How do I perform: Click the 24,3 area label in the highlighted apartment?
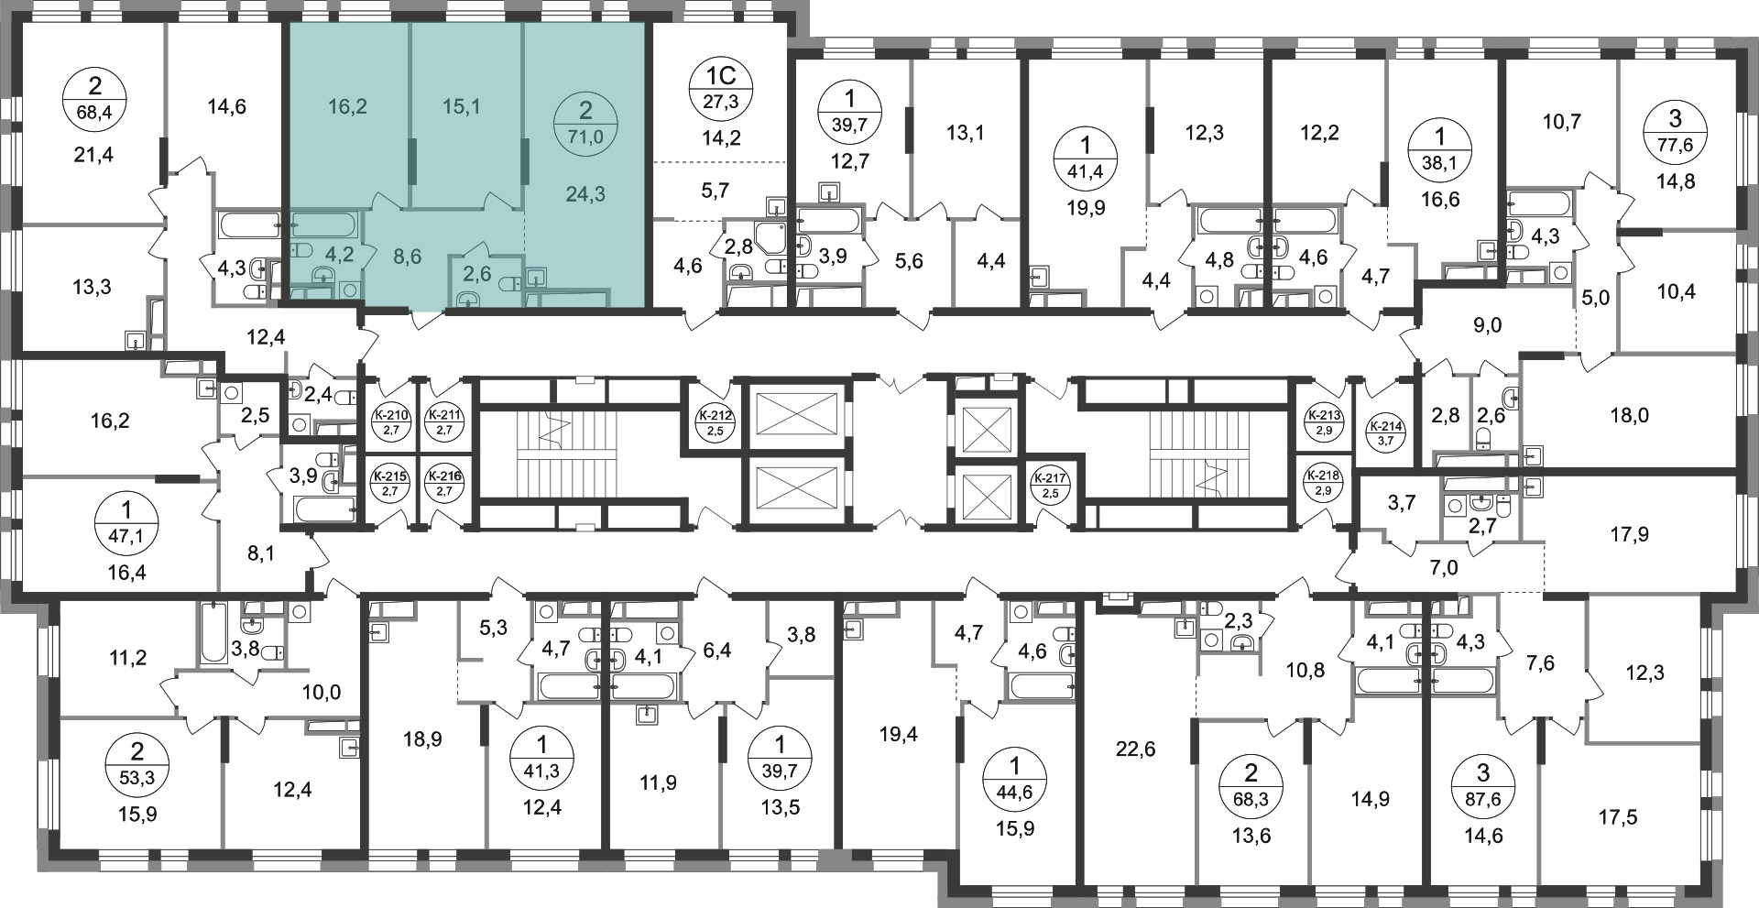[x=586, y=194]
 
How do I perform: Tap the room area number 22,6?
[x=1136, y=749]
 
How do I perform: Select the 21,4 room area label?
[x=95, y=154]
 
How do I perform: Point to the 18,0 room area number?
[x=1629, y=416]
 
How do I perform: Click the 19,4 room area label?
[x=898, y=735]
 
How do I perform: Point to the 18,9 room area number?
[x=422, y=738]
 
